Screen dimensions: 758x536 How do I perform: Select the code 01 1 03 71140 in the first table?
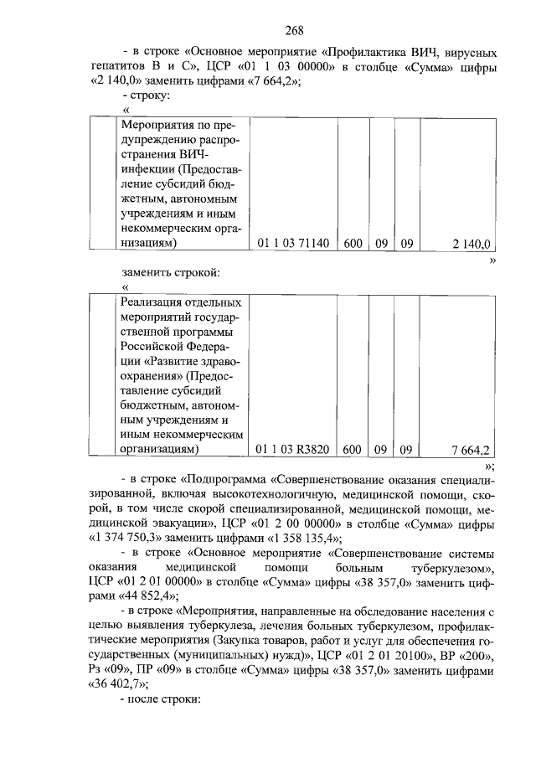293,244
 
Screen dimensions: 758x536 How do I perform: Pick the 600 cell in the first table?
353,244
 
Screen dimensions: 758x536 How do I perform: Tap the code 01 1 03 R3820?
293,450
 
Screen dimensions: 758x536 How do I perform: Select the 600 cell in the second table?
353,450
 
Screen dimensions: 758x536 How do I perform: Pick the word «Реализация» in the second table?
153,302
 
